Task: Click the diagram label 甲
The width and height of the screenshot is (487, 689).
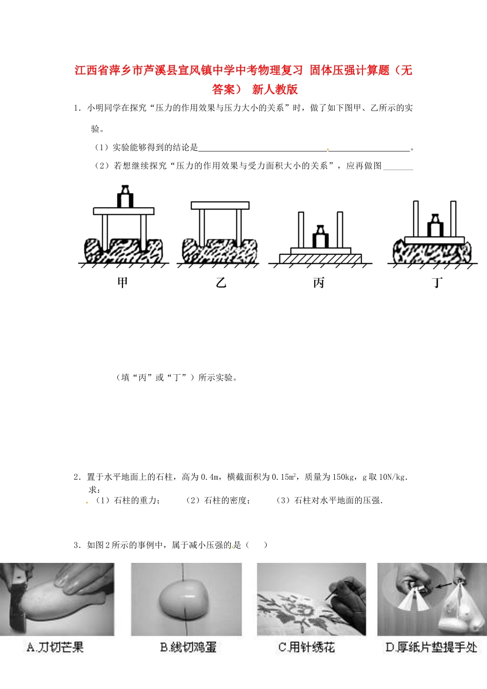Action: [123, 282]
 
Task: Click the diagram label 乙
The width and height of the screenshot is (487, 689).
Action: [221, 282]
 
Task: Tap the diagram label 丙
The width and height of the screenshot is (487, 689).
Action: [319, 282]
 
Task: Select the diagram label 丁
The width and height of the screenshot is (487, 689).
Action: [437, 282]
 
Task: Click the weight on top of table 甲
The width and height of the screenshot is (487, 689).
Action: [125, 197]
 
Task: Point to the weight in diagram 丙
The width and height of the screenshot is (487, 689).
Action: [320, 237]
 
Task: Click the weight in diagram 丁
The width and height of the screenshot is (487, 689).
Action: [435, 226]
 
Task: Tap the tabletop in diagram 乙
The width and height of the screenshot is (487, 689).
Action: [220, 205]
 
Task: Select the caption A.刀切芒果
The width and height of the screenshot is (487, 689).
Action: [55, 647]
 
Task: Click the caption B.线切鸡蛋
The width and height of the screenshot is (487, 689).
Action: [188, 647]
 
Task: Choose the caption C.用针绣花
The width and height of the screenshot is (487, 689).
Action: [307, 647]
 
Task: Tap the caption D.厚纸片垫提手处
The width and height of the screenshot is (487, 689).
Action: [431, 647]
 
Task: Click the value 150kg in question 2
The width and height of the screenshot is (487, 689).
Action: [343, 477]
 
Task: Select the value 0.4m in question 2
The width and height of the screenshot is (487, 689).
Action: [210, 477]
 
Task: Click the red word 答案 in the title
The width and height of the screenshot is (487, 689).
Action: [224, 89]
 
